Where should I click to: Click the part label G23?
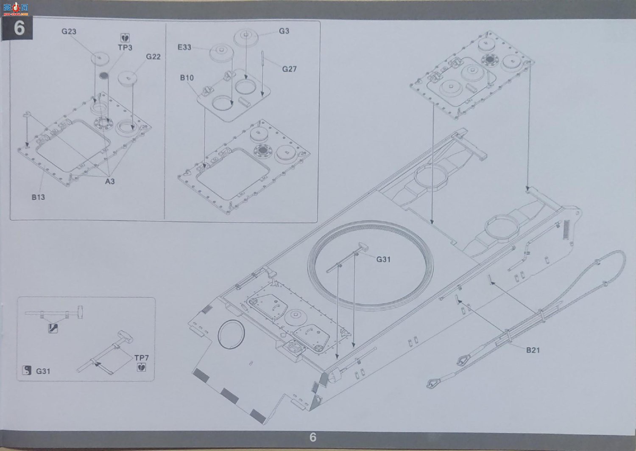(x=69, y=31)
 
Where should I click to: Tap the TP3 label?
(x=125, y=48)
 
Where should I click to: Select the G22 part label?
(x=153, y=57)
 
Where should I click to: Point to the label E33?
(x=184, y=47)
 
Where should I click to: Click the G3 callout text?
(x=284, y=31)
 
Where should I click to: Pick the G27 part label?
(x=289, y=69)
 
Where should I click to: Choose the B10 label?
(x=187, y=78)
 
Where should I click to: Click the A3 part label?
(x=110, y=181)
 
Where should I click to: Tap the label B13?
(x=38, y=197)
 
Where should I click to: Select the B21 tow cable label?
(x=533, y=350)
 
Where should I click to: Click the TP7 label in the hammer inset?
(x=141, y=358)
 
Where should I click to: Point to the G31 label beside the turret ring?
(x=383, y=260)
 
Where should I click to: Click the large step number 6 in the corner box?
(x=19, y=28)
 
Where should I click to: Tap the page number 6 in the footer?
(x=312, y=437)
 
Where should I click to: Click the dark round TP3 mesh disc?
(x=104, y=76)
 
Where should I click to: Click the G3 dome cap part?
(x=246, y=37)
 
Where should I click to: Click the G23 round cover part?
(x=100, y=59)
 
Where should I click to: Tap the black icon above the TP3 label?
(x=125, y=38)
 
